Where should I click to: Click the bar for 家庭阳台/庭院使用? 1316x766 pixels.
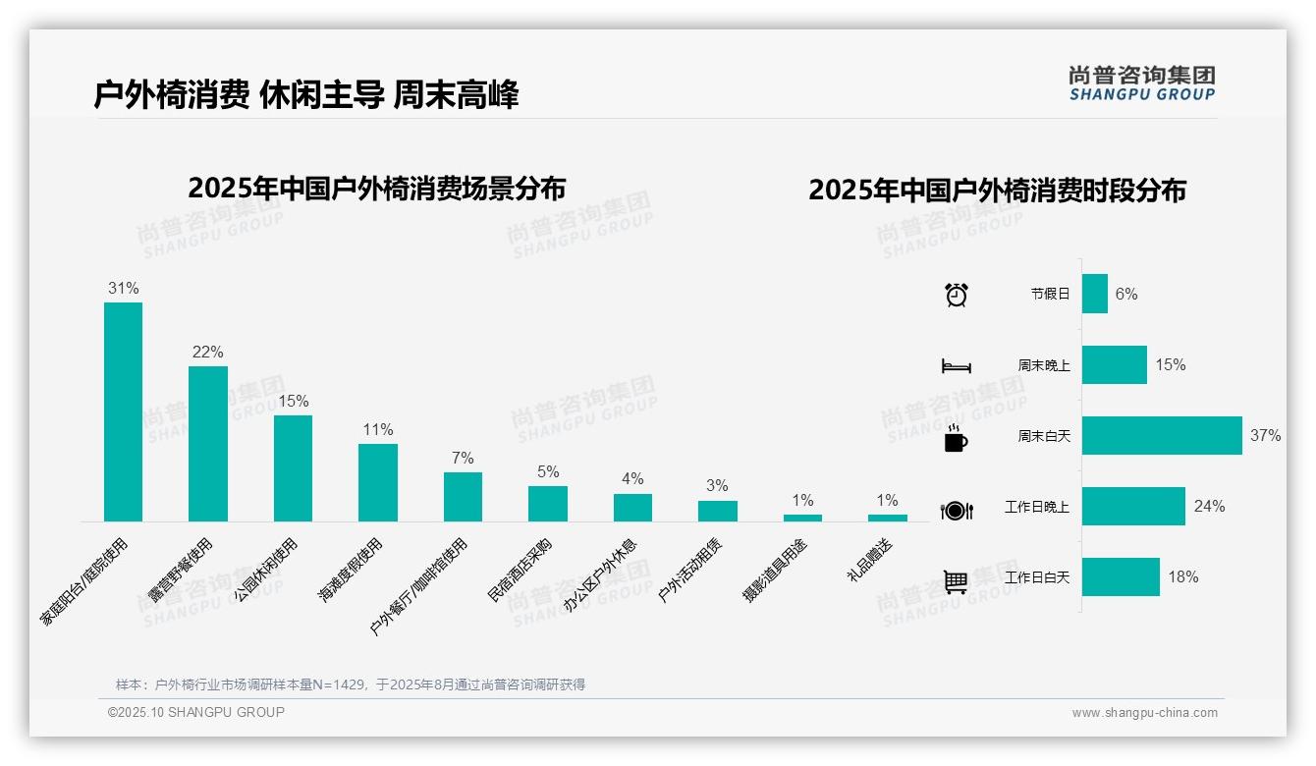(123, 411)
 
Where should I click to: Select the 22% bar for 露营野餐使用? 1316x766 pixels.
(208, 444)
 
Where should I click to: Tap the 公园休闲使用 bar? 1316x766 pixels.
(293, 468)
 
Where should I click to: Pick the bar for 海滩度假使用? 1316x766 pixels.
(378, 482)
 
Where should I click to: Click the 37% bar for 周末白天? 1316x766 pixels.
(1162, 436)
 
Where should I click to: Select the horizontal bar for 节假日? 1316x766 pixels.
(1095, 294)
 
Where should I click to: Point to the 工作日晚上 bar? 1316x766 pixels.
(1133, 507)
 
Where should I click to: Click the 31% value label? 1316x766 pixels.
(123, 289)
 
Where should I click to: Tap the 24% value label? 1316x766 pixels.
(1209, 507)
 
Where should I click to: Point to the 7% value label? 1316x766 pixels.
(463, 459)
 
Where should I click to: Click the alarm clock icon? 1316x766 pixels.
(956, 295)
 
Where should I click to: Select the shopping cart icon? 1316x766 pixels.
(956, 581)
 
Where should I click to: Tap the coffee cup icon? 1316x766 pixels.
(956, 439)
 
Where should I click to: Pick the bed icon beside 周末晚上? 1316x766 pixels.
(956, 366)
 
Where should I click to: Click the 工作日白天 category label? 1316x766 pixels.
(1037, 577)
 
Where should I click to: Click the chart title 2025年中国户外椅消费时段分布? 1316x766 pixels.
(997, 191)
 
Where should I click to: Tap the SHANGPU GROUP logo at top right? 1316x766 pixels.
(1141, 83)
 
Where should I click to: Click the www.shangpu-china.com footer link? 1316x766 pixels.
(1144, 713)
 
